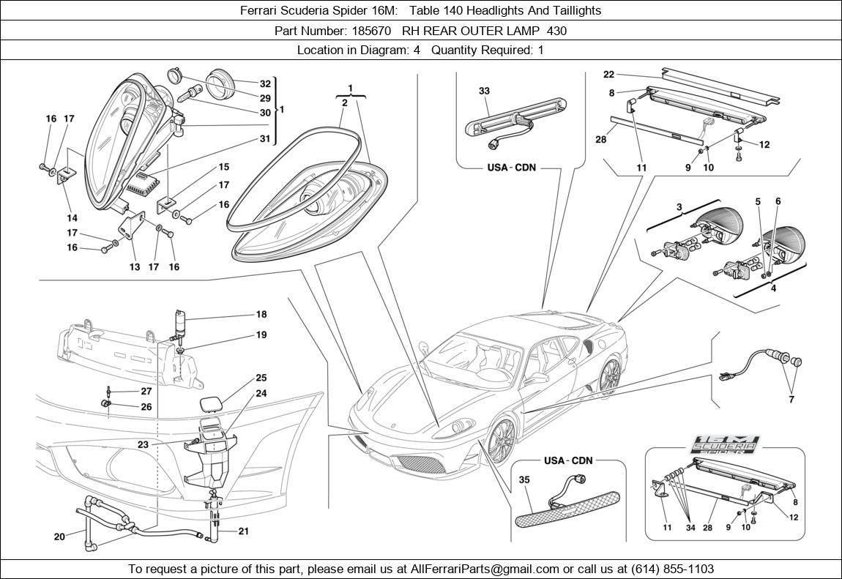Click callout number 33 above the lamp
pos(484,91)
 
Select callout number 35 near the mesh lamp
pos(524,480)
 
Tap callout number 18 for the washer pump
pos(261,314)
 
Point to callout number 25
pos(261,378)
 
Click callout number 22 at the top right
pos(608,74)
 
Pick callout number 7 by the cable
pos(791,400)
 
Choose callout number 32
pos(265,83)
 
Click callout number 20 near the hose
pos(59,537)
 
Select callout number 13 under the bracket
pos(135,267)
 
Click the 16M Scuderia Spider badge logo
pos(726,445)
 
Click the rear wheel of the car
pos(608,376)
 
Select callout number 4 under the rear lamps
pos(772,288)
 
